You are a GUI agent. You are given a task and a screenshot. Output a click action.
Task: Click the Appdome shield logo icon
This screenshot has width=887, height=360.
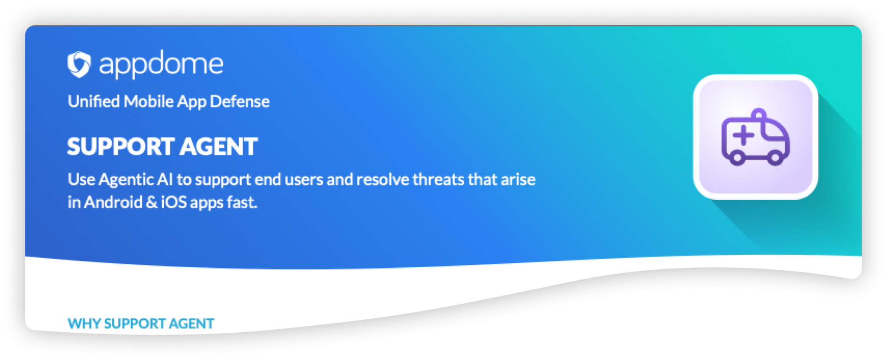(79, 65)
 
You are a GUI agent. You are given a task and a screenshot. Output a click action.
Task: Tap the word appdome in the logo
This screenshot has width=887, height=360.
(161, 65)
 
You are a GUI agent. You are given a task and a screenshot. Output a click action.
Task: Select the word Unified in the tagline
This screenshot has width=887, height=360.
(94, 101)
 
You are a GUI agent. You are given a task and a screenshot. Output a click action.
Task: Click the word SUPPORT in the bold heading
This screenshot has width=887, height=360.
(121, 146)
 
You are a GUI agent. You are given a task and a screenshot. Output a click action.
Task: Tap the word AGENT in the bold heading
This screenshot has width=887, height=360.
(219, 146)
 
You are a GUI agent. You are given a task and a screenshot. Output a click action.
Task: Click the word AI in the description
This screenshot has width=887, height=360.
(165, 179)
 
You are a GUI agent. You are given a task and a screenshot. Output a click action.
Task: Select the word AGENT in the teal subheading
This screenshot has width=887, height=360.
(191, 324)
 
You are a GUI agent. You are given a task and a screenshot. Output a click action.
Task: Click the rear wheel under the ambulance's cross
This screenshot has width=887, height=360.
(737, 158)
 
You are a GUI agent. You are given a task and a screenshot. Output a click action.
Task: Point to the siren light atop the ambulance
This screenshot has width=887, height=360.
(758, 114)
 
